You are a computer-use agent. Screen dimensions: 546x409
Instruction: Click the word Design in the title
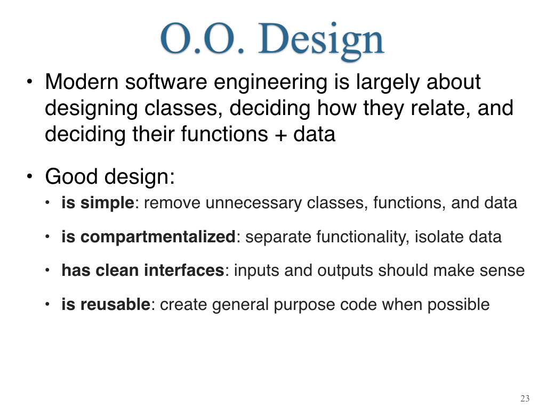tap(320, 40)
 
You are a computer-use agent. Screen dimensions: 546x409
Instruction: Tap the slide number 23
tap(525, 398)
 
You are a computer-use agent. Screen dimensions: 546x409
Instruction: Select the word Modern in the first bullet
tap(82, 82)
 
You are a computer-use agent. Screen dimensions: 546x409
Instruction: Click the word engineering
tap(270, 83)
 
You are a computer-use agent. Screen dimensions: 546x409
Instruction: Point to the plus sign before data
tap(280, 135)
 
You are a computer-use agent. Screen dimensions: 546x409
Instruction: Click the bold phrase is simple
tap(98, 203)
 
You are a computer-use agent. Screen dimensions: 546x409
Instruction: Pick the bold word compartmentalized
tap(158, 237)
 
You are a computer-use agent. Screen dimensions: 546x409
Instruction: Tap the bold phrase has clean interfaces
tap(143, 270)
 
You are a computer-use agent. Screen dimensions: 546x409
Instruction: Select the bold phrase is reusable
tap(106, 304)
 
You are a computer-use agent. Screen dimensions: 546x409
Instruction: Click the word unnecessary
tap(253, 203)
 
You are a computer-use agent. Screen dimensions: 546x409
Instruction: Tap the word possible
tap(458, 305)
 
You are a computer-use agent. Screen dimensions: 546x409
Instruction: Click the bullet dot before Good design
tap(30, 176)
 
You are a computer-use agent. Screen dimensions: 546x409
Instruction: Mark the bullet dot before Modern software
tap(30, 82)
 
